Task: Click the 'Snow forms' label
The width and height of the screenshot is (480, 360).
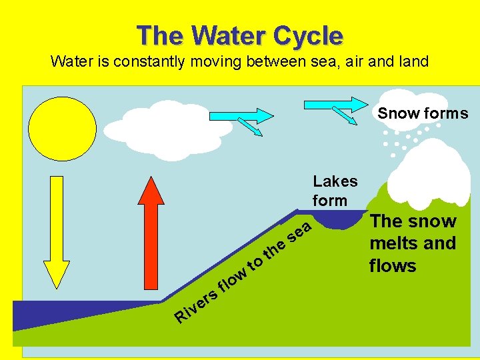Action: [x=423, y=113]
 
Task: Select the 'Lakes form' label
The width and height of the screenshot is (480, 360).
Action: [x=335, y=191]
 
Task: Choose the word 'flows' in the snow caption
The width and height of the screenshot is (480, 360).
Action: [x=393, y=266]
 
